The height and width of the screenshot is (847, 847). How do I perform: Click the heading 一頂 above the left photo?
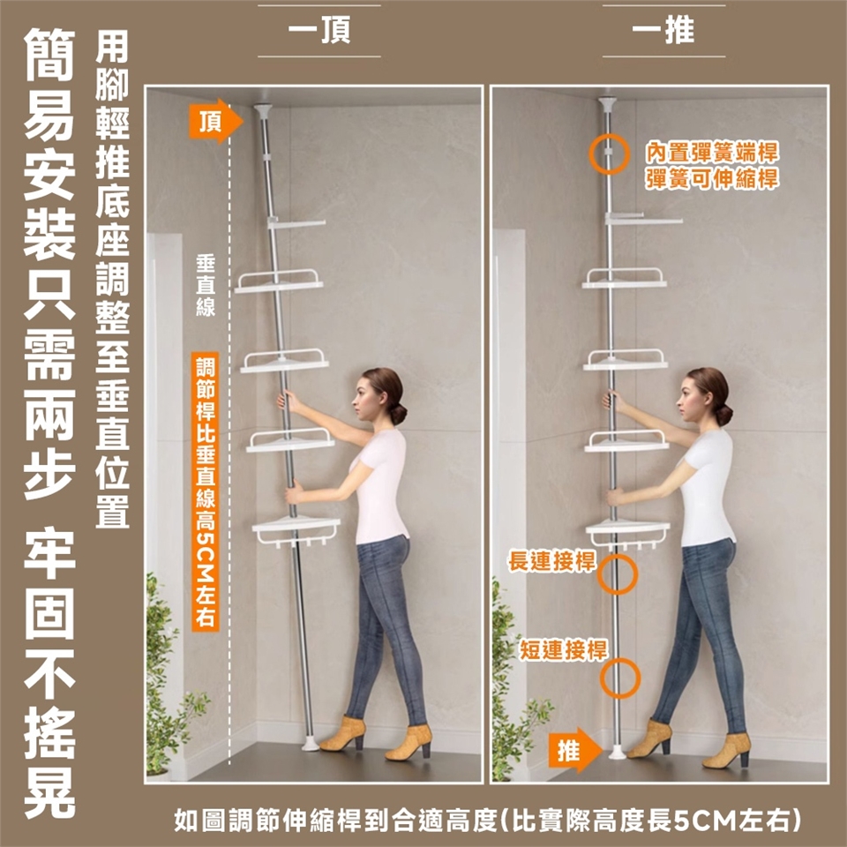[x=319, y=30]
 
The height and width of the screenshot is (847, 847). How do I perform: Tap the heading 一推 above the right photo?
[x=663, y=30]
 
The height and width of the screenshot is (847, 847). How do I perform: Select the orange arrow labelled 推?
[x=575, y=750]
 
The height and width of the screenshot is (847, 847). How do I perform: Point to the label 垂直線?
[x=206, y=286]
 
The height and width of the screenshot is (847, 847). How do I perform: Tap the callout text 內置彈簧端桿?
[x=712, y=153]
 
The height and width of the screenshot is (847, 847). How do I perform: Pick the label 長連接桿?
[x=552, y=562]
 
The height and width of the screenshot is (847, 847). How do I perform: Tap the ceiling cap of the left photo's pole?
[x=262, y=109]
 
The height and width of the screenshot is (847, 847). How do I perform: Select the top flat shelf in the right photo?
[x=643, y=219]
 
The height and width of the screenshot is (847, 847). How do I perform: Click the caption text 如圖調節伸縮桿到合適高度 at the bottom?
[x=335, y=821]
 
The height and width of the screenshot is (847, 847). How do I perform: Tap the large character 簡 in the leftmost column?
[x=49, y=55]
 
